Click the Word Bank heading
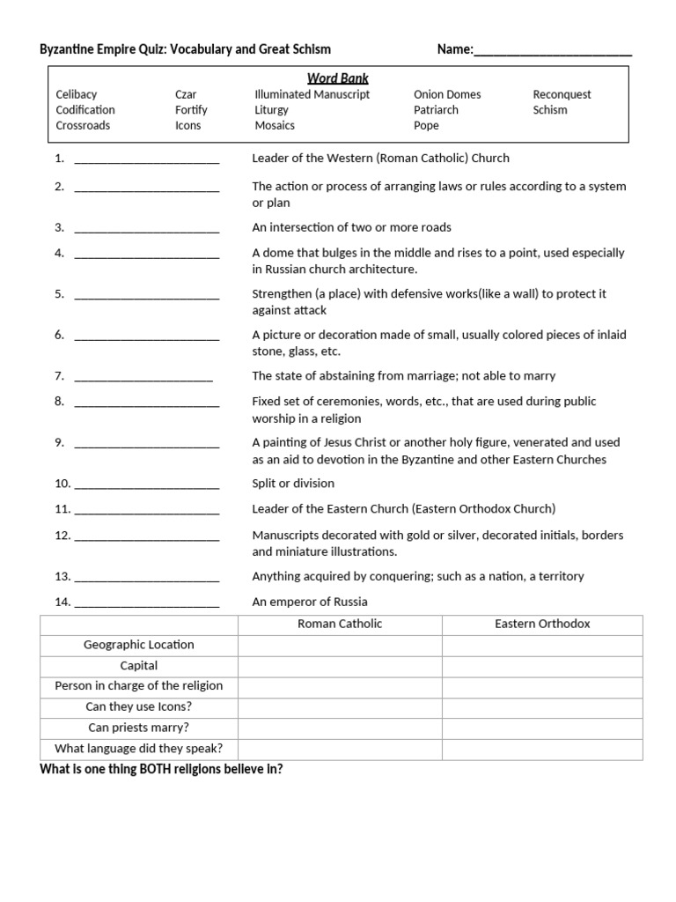click(338, 78)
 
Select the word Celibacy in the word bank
click(77, 94)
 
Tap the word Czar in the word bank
click(186, 94)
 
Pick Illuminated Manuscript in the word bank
click(312, 94)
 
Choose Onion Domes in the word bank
click(447, 94)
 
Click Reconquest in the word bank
click(562, 94)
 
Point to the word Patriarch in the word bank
click(436, 110)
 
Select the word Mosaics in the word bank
click(275, 126)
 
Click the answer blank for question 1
click(147, 160)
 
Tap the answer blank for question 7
click(143, 378)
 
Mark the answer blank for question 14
click(147, 604)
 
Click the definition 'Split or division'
click(293, 484)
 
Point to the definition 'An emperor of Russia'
click(310, 603)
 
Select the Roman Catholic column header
click(340, 624)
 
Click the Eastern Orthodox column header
click(542, 624)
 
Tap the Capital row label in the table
click(139, 666)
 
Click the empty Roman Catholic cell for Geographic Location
click(340, 645)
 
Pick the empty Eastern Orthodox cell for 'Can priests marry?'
click(542, 728)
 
